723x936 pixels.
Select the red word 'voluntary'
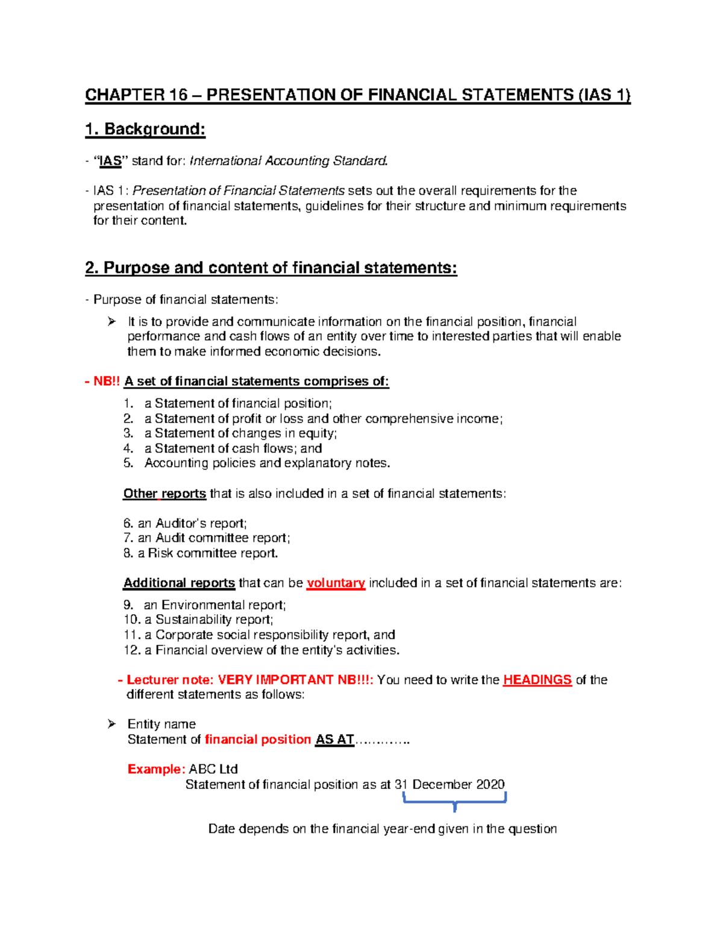tap(336, 583)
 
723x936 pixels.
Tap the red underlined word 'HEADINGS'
tap(537, 680)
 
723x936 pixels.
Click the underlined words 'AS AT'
tap(334, 740)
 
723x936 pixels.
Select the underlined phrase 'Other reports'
tap(164, 494)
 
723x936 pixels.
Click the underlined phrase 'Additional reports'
tap(179, 583)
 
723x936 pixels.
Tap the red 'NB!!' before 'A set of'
tap(106, 382)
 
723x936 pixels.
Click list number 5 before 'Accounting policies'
tap(128, 463)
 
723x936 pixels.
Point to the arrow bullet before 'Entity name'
tap(111, 724)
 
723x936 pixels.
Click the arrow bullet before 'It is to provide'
tap(111, 322)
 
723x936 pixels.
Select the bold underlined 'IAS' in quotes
tap(110, 161)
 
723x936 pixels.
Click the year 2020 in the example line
tap(490, 784)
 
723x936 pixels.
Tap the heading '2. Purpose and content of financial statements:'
tap(271, 268)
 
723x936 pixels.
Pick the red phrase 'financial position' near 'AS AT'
tap(257, 740)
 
